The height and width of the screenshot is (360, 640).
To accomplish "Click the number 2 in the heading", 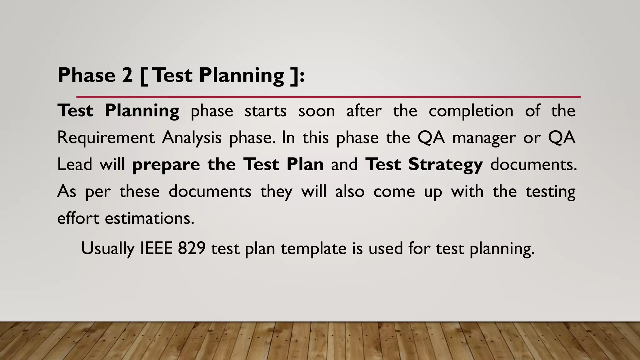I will tap(127, 75).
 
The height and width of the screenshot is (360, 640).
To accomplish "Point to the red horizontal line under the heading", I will tap(328, 97).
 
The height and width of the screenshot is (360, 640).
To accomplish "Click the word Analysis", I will tap(192, 138).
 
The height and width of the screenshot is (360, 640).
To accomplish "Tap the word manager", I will tap(484, 138).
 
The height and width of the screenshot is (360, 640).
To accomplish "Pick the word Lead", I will tap(75, 164).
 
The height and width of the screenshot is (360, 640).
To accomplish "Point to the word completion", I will tap(471, 111).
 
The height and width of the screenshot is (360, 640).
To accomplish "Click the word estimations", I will tap(150, 218).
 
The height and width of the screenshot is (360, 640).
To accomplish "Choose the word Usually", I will tap(108, 249).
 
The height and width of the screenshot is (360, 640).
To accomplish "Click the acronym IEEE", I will tap(156, 248).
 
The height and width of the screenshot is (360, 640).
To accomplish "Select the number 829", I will tap(192, 248).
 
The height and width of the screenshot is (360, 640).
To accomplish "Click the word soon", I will tap(317, 111).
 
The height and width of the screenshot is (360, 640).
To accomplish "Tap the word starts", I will tap(265, 111).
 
